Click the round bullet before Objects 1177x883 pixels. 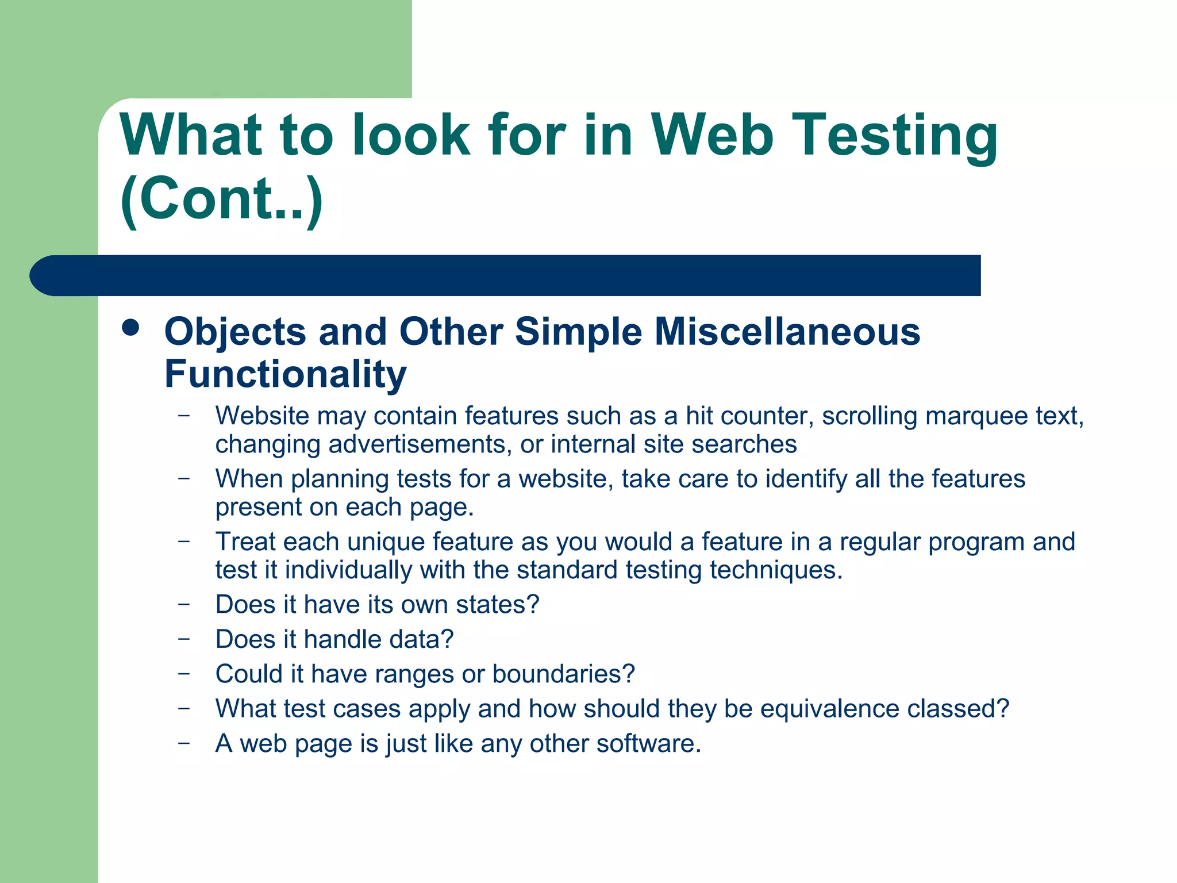click(131, 328)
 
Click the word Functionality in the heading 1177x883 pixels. click(286, 374)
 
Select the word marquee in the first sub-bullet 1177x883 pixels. click(976, 416)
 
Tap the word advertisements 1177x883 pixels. click(420, 444)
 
